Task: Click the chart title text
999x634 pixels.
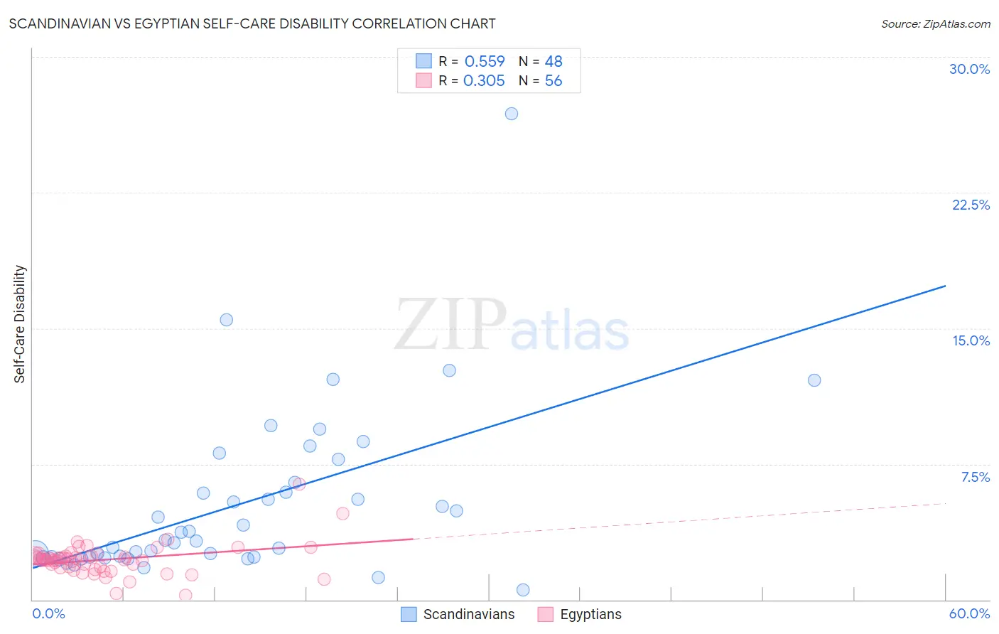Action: [x=252, y=24]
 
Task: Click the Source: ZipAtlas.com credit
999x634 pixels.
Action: [x=935, y=24]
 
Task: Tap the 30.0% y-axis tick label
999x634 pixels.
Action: [x=969, y=69]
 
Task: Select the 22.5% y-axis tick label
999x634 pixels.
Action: [x=971, y=205]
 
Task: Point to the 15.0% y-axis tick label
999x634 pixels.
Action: [x=971, y=340]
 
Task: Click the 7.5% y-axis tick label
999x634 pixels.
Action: [x=975, y=477]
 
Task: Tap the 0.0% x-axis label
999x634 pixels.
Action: [x=48, y=613]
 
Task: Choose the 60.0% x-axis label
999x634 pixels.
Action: [x=969, y=613]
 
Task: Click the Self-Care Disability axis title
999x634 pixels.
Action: [x=20, y=324]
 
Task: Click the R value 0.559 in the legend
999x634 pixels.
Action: [x=485, y=62]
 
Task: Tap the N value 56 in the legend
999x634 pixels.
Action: [x=553, y=81]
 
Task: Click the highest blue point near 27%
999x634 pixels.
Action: [x=512, y=114]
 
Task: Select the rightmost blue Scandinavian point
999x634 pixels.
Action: [x=814, y=380]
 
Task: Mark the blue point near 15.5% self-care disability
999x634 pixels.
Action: [x=227, y=320]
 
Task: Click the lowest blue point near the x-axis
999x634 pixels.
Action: [x=523, y=590]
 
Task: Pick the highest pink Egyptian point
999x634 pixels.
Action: [x=299, y=484]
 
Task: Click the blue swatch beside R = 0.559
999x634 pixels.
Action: [x=423, y=61]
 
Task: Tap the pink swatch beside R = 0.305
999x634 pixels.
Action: [x=423, y=80]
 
